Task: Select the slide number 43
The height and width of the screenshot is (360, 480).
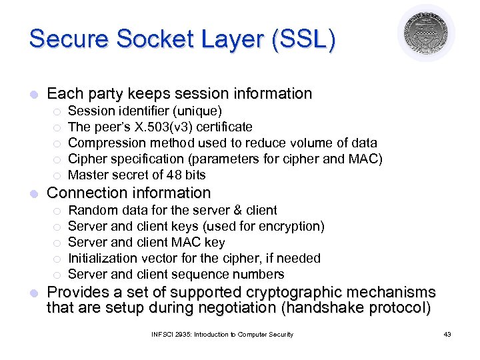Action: coord(447,334)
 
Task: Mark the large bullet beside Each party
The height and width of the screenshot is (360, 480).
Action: coord(34,94)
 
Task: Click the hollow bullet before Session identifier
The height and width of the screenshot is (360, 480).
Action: coord(57,111)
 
